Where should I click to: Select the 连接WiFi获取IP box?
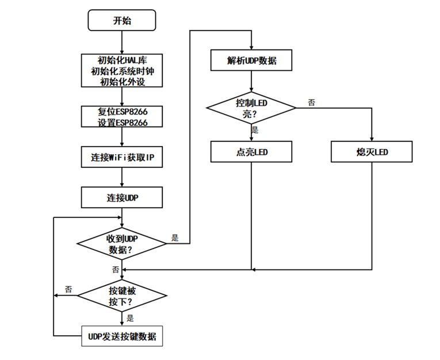122,157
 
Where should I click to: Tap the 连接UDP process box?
122,197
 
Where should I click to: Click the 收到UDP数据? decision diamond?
122,244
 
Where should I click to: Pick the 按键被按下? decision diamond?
122,296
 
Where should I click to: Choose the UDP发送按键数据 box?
122,336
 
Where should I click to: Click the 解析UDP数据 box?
252,60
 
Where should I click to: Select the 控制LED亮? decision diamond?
252,108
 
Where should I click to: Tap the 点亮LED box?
252,152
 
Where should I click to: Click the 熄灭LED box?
372,152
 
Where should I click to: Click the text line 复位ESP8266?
122,112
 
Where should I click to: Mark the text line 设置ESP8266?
122,122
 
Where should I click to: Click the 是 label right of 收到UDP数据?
175,238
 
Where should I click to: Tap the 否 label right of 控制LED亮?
311,102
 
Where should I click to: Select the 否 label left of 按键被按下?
68,289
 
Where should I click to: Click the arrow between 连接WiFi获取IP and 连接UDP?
122,177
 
